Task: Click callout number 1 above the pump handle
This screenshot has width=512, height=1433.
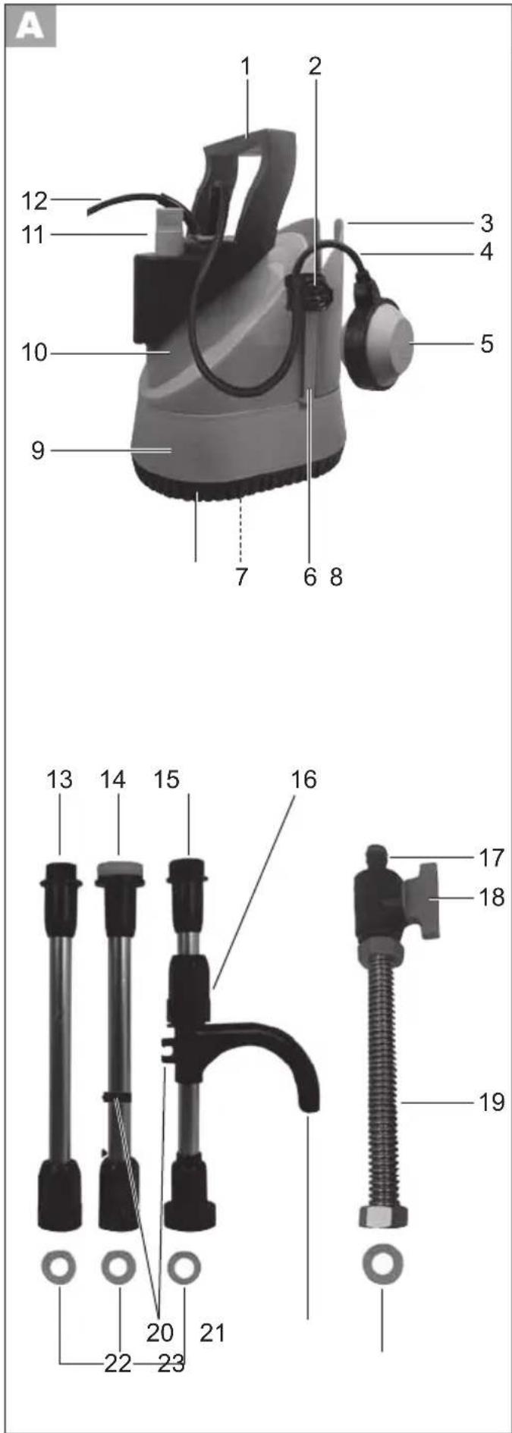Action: [246, 66]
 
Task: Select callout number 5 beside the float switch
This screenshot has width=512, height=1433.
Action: [486, 343]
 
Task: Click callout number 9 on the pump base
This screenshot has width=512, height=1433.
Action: [38, 450]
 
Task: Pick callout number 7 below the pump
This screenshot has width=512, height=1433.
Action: [241, 577]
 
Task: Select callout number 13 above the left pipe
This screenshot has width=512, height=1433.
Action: [60, 779]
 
